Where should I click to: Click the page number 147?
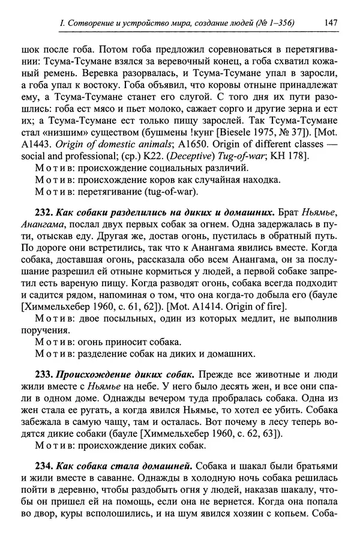click(x=329, y=23)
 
